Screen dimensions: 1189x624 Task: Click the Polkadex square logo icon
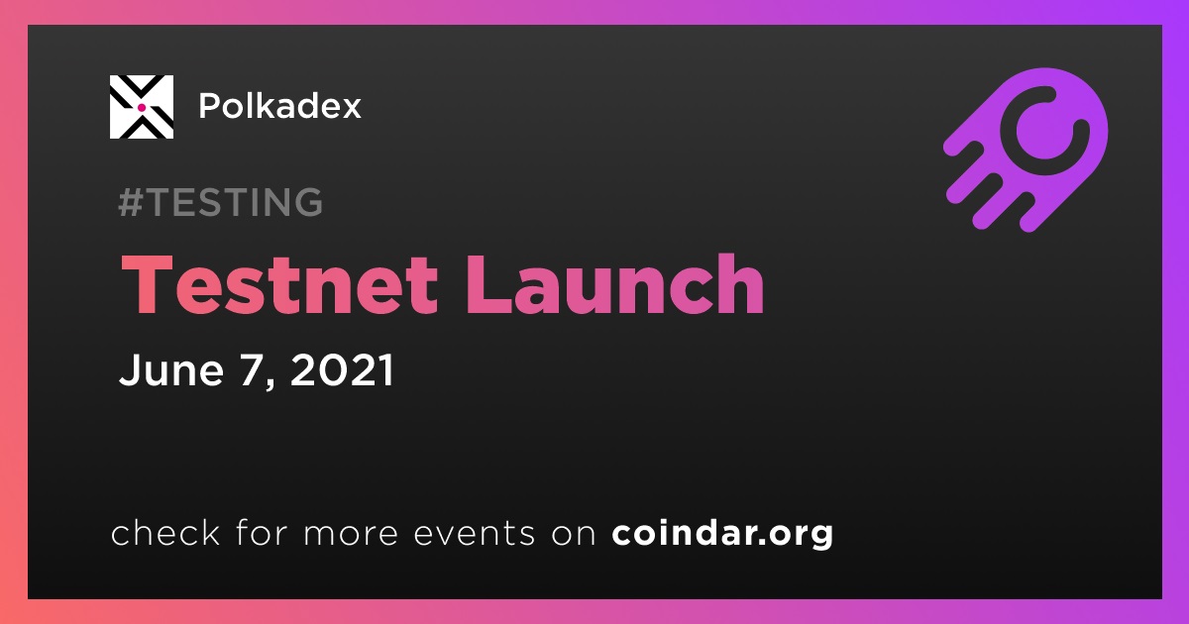[141, 107]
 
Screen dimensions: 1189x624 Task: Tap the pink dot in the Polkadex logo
[142, 108]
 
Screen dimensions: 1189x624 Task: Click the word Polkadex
[279, 106]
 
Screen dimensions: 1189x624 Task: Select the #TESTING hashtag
[220, 202]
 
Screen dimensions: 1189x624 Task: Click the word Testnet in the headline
[279, 284]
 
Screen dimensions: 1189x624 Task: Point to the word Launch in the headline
[614, 283]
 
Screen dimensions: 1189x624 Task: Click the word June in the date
[170, 369]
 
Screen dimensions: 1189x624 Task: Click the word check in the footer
[165, 532]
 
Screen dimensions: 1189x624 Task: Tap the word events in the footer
[475, 534]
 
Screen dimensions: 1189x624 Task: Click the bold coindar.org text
[722, 534]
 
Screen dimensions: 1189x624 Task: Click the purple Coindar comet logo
[1026, 150]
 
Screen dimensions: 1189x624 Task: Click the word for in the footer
[262, 532]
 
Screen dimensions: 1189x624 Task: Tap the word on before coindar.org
[574, 535]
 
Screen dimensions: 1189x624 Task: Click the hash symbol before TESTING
[131, 202]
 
